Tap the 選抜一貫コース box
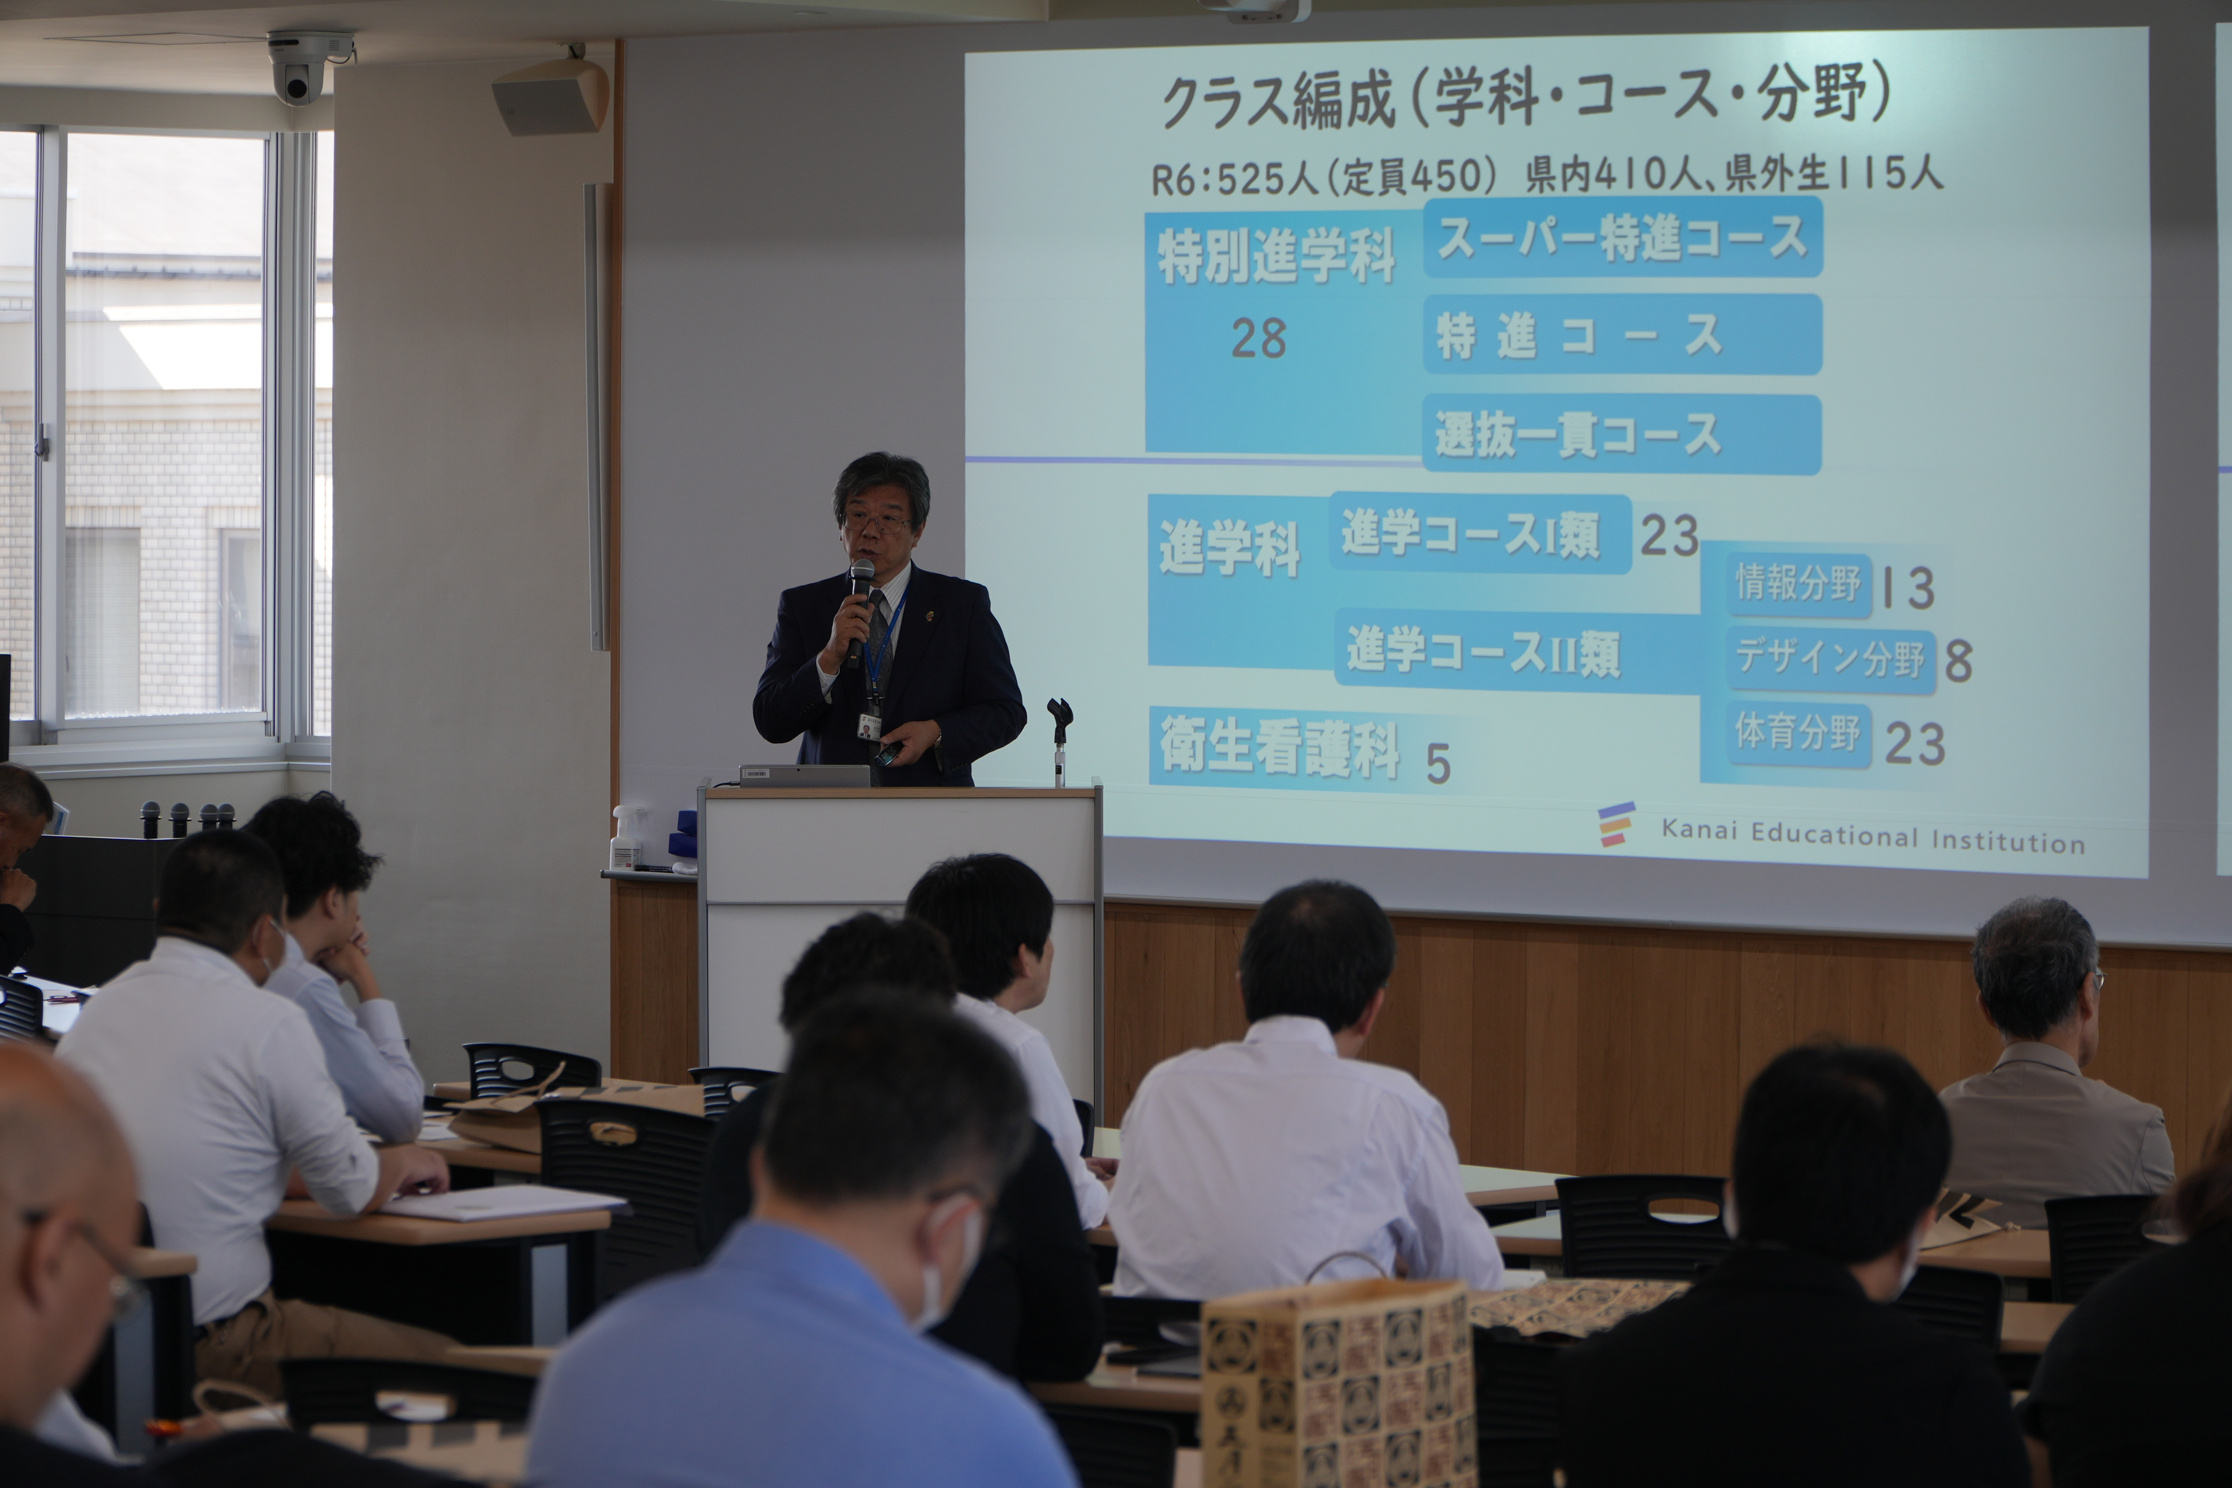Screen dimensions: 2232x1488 click(x=1621, y=435)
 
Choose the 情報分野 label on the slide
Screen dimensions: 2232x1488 click(x=1797, y=583)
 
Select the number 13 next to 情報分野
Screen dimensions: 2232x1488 click(x=1908, y=588)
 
